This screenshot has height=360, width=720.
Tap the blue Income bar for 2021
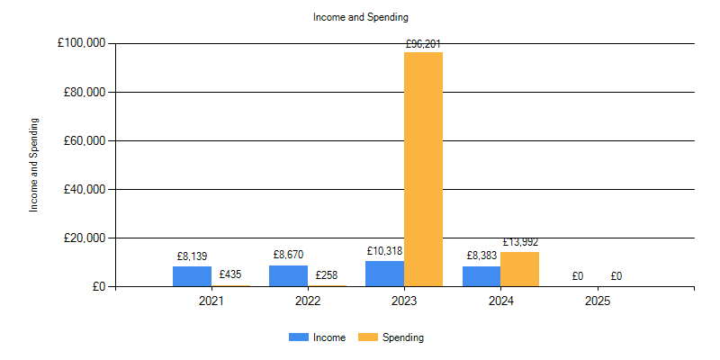(192, 276)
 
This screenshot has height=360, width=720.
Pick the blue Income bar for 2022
(288, 275)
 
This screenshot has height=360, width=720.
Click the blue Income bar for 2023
(384, 274)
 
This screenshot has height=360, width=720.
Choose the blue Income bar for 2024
(481, 276)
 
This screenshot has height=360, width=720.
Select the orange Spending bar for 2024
(519, 269)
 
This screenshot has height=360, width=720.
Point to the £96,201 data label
(423, 43)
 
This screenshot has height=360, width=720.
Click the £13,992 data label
(519, 242)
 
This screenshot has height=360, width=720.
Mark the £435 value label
(230, 274)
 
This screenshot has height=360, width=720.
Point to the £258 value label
(327, 275)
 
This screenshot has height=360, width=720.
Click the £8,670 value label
(288, 256)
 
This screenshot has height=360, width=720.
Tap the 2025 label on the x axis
(597, 301)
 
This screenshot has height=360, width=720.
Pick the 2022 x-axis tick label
(307, 301)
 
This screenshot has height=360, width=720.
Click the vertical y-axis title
(35, 165)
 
